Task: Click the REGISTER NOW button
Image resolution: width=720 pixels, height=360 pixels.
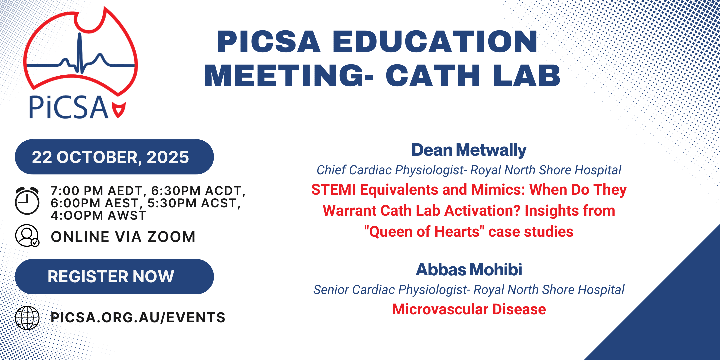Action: [114, 276]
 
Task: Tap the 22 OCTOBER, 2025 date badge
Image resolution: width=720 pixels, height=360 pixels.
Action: [114, 157]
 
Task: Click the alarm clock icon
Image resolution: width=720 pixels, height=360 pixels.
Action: [27, 201]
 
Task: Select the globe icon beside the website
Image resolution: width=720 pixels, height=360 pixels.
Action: [27, 318]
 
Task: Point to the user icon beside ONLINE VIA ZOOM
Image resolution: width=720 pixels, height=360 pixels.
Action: [27, 236]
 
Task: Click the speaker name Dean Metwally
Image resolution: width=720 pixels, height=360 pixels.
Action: [469, 150]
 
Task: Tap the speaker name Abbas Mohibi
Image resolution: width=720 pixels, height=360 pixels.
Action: [469, 269]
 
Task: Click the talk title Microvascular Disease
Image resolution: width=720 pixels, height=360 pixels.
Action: [469, 309]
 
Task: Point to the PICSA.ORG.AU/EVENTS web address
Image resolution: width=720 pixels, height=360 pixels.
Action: [138, 317]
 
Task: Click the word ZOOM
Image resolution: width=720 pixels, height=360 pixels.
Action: [171, 237]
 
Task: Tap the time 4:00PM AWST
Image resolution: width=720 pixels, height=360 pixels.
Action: [99, 215]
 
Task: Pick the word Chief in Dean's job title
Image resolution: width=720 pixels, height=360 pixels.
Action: [331, 170]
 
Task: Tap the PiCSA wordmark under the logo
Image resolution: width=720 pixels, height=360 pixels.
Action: [68, 107]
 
